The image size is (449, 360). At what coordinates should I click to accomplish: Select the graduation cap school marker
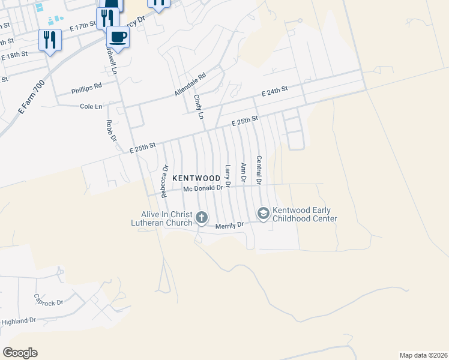(x=262, y=213)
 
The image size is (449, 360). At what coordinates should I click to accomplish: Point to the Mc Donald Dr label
(x=203, y=188)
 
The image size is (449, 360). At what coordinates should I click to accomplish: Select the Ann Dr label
(x=243, y=172)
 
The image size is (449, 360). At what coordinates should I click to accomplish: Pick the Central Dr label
(x=259, y=170)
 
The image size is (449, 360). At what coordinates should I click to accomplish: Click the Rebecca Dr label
(x=164, y=181)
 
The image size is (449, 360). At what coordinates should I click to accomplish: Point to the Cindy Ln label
(x=199, y=106)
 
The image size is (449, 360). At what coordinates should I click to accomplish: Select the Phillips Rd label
(x=86, y=88)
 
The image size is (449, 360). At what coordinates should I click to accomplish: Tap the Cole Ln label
(x=91, y=106)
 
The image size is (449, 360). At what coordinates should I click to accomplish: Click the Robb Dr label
(x=110, y=130)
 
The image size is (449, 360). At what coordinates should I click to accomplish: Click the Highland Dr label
(x=19, y=322)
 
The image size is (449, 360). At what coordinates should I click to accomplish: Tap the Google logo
(x=20, y=353)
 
